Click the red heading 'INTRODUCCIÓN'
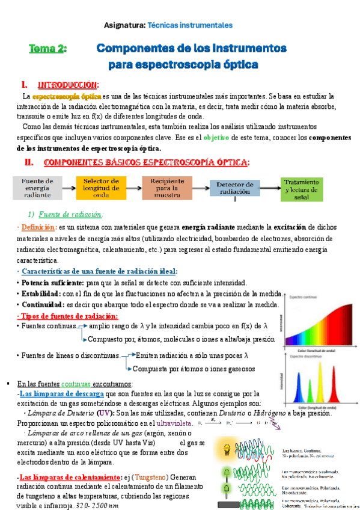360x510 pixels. tap(68, 84)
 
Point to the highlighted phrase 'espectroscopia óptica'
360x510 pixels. tap(66, 96)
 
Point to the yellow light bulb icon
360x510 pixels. tap(227, 449)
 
